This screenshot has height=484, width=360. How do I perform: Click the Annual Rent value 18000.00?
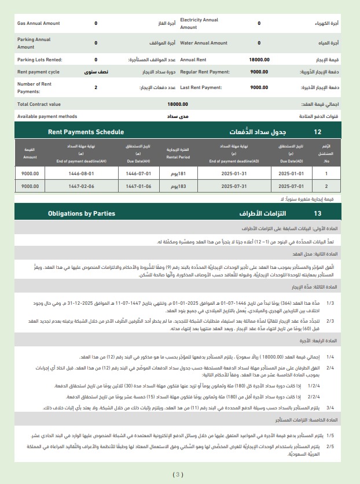click(259, 60)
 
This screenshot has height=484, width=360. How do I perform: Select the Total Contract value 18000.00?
click(177, 104)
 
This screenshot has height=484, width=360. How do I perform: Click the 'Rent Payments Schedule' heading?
click(86, 132)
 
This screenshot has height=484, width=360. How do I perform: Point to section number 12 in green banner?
click(317, 132)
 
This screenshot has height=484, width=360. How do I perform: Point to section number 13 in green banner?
click(317, 213)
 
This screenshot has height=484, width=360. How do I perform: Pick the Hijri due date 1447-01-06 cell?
click(138, 186)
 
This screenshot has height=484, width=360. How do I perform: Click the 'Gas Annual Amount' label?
click(38, 23)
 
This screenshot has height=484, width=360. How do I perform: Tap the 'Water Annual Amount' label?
click(204, 43)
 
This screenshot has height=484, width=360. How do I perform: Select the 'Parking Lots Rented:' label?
click(40, 60)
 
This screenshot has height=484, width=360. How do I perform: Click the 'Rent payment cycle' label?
click(38, 72)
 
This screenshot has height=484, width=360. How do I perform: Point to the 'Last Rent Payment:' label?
click(201, 87)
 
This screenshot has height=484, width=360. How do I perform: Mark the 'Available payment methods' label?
click(47, 116)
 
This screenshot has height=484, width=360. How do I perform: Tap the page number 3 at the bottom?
click(178, 475)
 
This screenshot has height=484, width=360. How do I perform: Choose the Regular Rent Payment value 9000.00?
click(259, 72)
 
